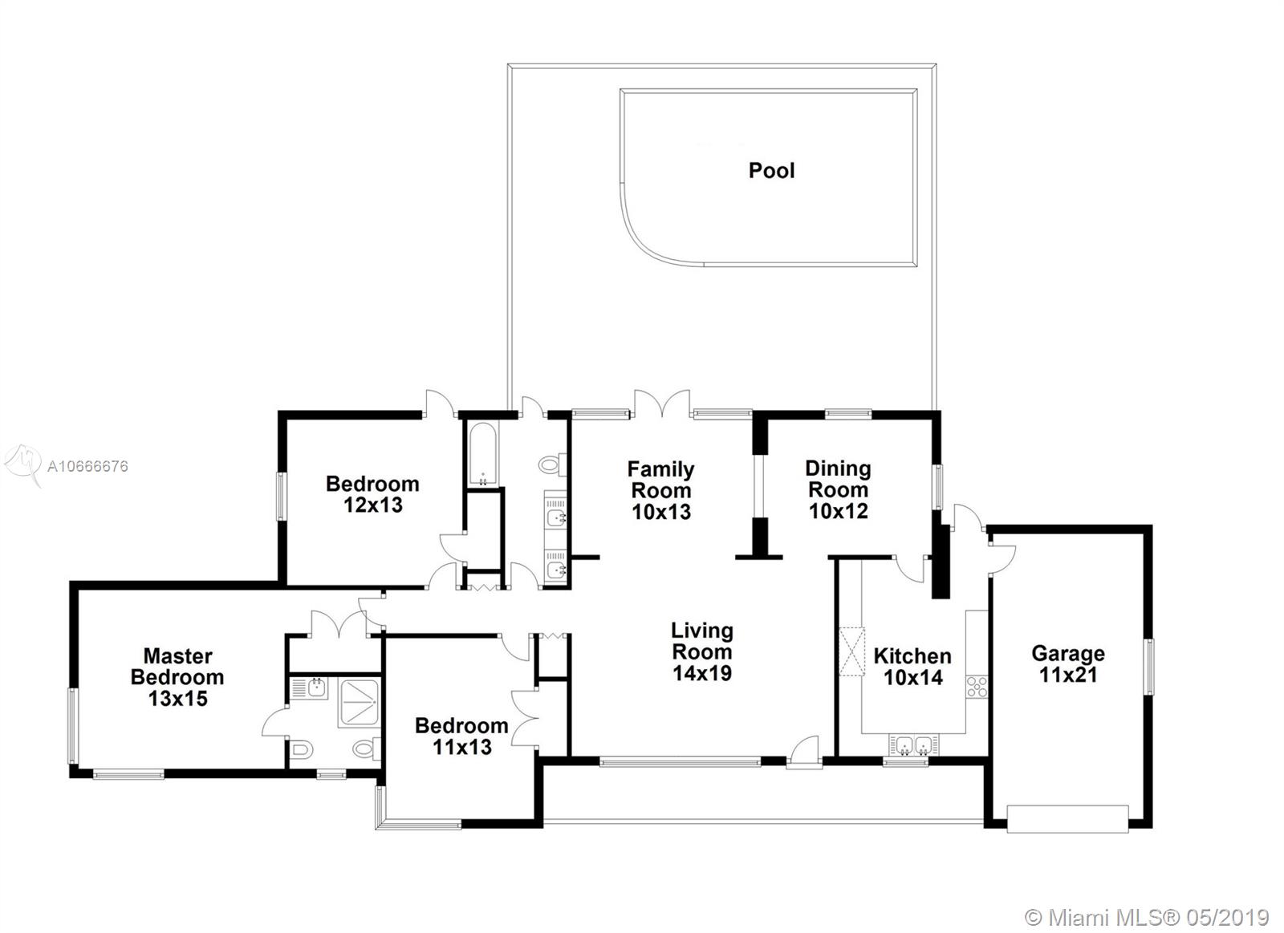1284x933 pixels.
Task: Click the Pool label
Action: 771,170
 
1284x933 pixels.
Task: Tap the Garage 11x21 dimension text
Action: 1068,675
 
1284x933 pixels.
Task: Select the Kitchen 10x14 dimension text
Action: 912,677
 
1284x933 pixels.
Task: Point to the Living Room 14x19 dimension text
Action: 702,673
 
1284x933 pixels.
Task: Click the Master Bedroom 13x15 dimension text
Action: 177,699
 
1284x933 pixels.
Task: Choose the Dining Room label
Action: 838,479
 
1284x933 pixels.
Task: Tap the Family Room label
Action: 661,480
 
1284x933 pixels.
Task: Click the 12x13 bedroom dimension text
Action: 373,505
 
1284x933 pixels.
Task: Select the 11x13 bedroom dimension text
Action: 462,747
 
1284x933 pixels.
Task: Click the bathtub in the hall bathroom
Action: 482,454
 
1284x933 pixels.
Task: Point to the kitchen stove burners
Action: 977,687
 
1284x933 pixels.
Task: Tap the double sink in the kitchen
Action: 914,745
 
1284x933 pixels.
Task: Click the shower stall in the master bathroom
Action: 359,704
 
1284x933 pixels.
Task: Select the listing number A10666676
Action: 87,466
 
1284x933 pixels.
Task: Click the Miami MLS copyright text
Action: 1147,902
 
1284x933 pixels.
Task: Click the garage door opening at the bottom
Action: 1067,819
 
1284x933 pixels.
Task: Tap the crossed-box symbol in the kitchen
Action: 851,652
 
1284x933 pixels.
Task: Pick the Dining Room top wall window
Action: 847,413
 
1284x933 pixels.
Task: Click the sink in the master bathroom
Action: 316,688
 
